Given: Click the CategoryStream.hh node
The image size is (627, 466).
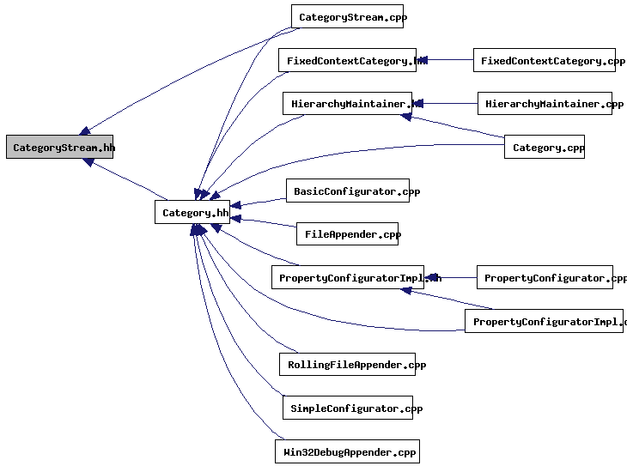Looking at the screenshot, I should [x=59, y=147].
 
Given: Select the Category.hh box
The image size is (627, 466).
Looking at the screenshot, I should [x=192, y=212].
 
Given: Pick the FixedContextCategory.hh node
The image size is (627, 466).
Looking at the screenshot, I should [x=347, y=60].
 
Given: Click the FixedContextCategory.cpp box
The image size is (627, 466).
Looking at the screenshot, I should [x=545, y=60].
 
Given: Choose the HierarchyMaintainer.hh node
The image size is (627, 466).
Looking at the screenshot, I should [x=347, y=103].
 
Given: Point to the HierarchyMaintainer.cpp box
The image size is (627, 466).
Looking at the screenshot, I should [x=545, y=103].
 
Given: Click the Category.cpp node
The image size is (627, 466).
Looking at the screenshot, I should [x=545, y=147].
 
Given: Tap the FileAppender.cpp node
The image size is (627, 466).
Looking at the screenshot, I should [x=347, y=233].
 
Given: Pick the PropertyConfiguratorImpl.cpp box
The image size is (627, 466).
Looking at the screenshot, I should [x=545, y=321].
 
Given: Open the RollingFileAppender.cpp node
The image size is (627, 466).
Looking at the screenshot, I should [x=347, y=364].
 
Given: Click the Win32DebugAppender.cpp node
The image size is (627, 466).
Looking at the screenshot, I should [x=347, y=451].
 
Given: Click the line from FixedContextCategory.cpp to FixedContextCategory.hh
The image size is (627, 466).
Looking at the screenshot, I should [x=447, y=60].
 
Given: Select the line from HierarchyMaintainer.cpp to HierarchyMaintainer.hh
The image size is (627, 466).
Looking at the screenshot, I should [x=447, y=103].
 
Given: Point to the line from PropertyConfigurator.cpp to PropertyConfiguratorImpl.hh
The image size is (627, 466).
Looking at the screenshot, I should [x=454, y=277].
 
